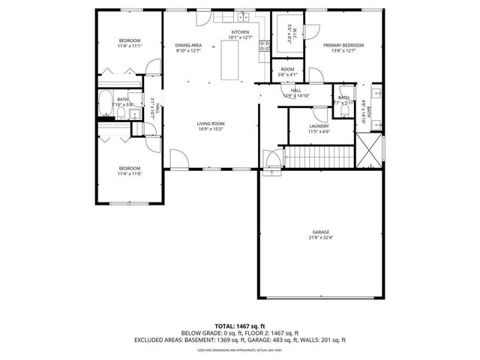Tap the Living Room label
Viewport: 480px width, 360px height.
[211, 123]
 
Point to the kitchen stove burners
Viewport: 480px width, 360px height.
[264, 49]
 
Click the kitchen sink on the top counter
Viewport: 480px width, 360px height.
[242, 16]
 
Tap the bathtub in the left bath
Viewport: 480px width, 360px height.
[105, 107]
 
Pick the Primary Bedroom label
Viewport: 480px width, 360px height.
[343, 45]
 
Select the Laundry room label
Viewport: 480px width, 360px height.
[319, 126]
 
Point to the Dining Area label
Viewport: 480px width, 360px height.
[188, 45]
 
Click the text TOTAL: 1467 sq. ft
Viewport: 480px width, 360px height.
[240, 325]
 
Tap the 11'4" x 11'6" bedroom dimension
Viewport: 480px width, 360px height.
[130, 173]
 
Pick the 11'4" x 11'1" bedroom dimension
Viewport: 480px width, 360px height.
[130, 45]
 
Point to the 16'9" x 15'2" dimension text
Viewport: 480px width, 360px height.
[211, 128]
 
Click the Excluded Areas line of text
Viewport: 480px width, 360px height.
[240, 339]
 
